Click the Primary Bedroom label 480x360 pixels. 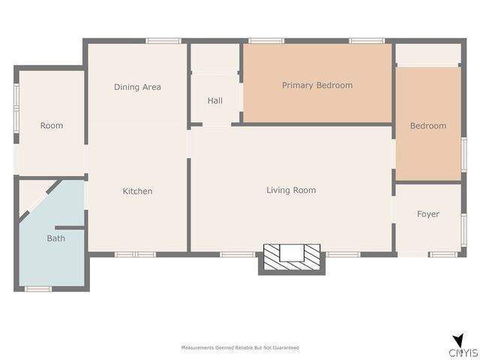pos(317,85)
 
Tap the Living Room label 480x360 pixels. pos(291,190)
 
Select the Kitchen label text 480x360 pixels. pos(137,191)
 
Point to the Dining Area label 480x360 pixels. pos(137,87)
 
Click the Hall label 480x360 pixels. pos(215,100)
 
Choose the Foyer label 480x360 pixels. pos(428,214)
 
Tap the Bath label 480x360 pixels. pos(56,238)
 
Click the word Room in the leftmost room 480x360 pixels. pos(52,125)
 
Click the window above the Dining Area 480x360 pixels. pos(163,40)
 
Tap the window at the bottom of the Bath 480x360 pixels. pos(38,289)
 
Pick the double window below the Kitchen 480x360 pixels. pos(135,254)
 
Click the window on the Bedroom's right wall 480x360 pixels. pos(463,154)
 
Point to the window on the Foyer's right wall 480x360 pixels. pos(463,230)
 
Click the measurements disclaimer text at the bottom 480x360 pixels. pos(240,348)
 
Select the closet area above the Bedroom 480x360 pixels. pos(428,53)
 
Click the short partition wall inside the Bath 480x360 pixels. pos(70,228)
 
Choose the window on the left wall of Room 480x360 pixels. pos(16,108)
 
